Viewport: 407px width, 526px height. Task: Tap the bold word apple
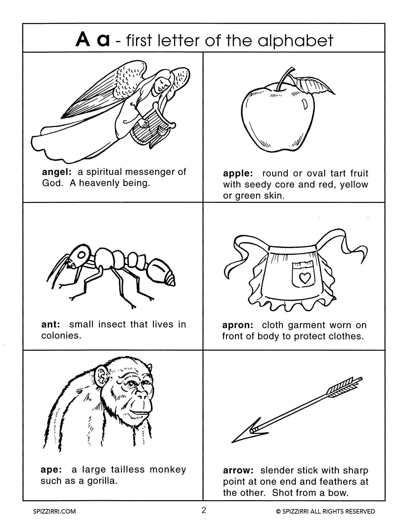tap(237, 174)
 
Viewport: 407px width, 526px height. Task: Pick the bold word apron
tap(237, 325)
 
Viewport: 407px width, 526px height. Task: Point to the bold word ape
tap(51, 470)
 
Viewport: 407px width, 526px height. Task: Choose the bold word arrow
tap(238, 471)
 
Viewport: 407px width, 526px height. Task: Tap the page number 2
tap(204, 510)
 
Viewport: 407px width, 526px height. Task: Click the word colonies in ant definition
tap(61, 336)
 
